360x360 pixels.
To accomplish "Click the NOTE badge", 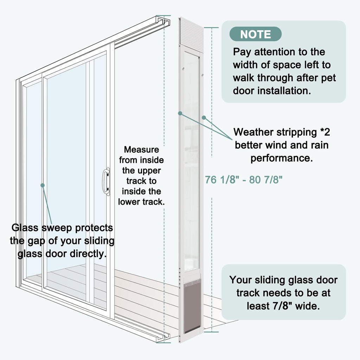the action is click(x=255, y=34).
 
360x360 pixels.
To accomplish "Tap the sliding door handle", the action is click(x=106, y=181).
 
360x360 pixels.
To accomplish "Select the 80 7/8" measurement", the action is click(x=266, y=180).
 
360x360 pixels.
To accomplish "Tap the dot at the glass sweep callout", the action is click(x=43, y=185).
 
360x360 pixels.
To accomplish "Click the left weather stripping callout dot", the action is click(x=180, y=113).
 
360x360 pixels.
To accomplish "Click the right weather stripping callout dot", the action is click(x=204, y=117).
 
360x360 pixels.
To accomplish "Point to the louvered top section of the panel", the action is click(x=191, y=33).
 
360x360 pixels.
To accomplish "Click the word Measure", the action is click(x=141, y=149).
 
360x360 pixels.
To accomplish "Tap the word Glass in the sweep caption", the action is click(x=25, y=228).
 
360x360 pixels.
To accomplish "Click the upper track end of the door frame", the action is click(x=163, y=21).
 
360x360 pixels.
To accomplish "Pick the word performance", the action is click(x=282, y=159).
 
